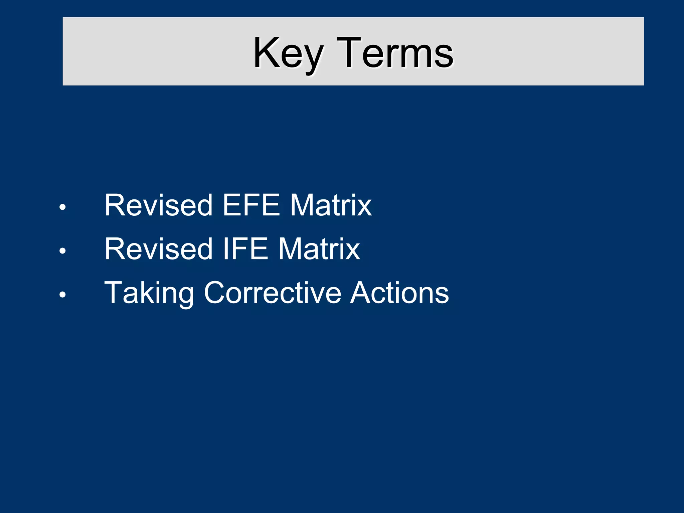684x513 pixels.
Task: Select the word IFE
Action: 245,249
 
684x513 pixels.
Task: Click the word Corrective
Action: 273,293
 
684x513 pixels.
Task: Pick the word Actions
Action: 399,293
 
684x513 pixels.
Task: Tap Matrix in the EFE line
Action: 331,205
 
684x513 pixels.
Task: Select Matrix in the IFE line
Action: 319,249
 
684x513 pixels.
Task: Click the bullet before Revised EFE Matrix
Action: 62,207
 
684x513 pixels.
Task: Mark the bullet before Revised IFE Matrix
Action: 62,251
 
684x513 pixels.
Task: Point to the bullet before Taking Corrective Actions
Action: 62,295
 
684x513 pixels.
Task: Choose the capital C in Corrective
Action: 216,293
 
